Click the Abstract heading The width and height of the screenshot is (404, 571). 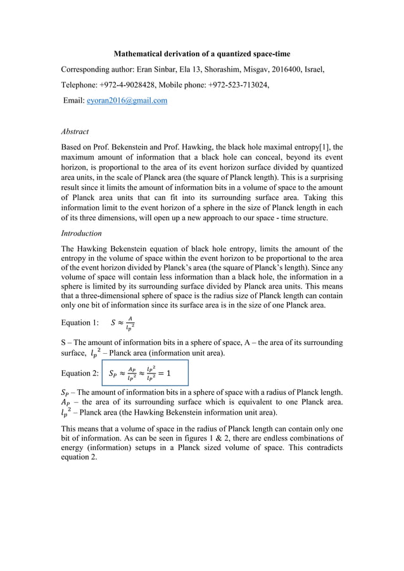point(75,132)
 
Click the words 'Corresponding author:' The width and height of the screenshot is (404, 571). point(97,68)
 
